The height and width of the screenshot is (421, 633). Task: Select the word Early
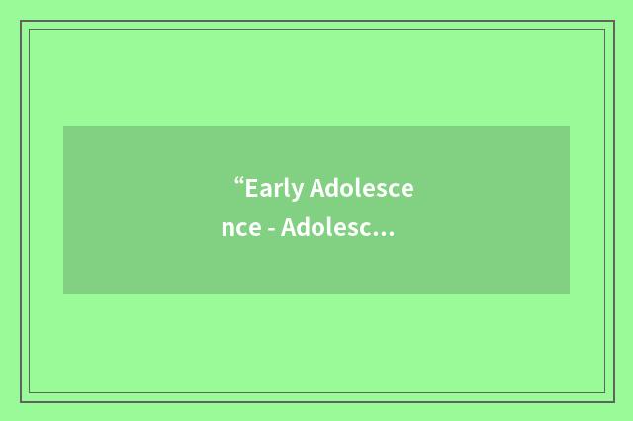(275, 188)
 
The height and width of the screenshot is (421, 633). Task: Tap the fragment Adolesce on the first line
(362, 187)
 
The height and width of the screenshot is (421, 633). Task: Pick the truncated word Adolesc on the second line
(325, 229)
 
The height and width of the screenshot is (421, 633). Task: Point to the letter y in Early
(298, 191)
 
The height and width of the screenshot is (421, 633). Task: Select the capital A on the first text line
(318, 187)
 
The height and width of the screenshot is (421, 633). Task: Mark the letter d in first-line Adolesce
(334, 187)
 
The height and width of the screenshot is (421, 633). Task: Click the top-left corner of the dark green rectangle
(63, 126)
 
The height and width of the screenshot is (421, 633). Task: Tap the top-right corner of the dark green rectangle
(570, 126)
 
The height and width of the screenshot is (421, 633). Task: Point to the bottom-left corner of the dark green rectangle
(63, 294)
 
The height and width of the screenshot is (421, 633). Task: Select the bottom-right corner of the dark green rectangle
(570, 294)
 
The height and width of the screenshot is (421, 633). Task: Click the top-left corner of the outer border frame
(21, 21)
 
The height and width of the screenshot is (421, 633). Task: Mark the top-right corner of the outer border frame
(613, 21)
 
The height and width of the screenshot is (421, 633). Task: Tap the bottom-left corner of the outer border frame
(21, 401)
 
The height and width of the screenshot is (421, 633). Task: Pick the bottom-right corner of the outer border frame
(613, 401)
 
